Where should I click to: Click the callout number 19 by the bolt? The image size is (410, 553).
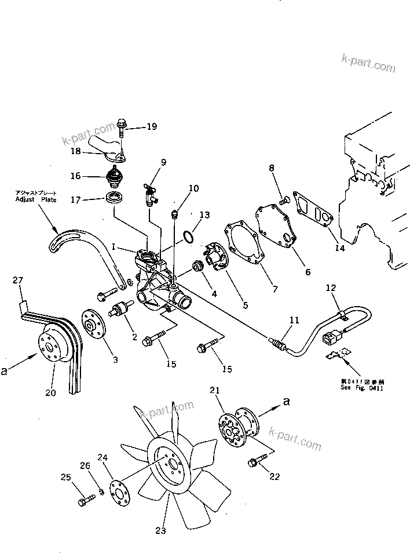(151, 126)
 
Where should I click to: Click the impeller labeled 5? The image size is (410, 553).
(214, 259)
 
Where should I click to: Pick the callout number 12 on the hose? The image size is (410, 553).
(330, 288)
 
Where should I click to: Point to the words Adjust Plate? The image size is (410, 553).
(36, 199)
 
